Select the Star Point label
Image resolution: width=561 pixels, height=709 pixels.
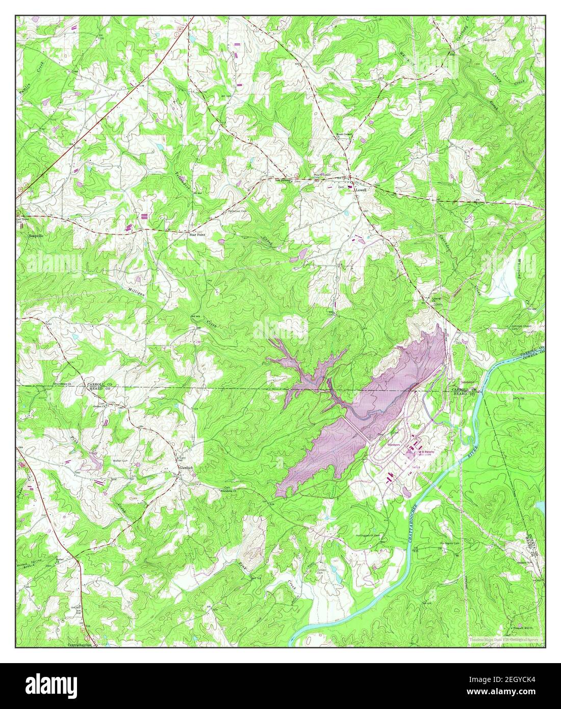pos(198,235)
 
